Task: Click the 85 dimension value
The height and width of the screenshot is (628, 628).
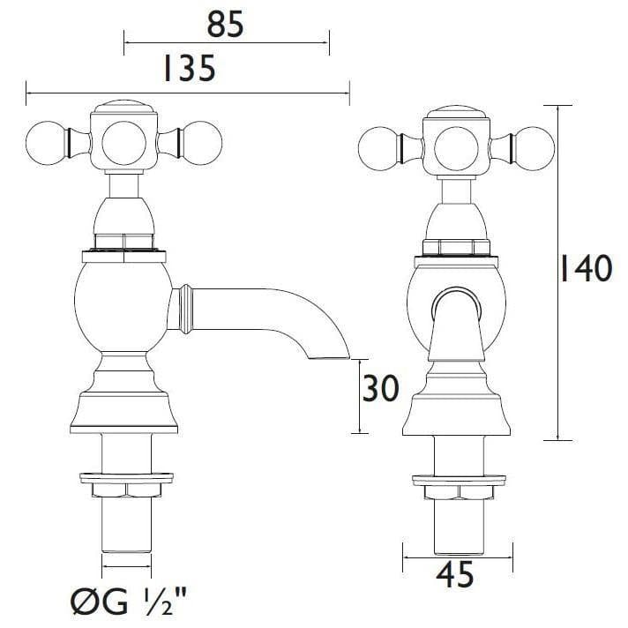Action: (x=225, y=25)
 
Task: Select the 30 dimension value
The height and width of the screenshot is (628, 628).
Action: (x=382, y=389)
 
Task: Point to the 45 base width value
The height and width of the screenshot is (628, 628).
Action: (x=455, y=575)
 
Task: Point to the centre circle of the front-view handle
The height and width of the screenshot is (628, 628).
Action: (x=456, y=143)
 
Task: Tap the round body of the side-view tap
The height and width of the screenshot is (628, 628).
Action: (x=121, y=305)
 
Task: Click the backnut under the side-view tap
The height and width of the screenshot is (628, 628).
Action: (x=125, y=484)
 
